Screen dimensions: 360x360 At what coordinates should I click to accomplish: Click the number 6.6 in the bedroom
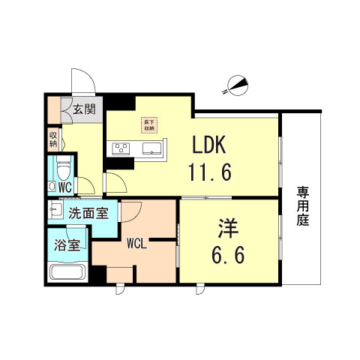pos(228,256)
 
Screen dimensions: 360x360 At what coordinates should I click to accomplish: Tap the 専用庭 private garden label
pos(302,206)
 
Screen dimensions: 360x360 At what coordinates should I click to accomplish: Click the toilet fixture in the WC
pos(64,164)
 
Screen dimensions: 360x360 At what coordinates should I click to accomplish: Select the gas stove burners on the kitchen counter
pos(121,148)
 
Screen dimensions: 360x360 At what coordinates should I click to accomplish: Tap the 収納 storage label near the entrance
pos(53,139)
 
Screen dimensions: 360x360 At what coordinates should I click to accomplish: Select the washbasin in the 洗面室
pos(56,208)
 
